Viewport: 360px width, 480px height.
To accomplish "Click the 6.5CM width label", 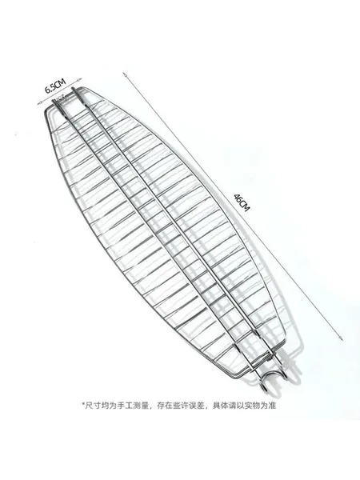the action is point(55,86).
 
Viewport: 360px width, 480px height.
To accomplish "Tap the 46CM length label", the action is point(242,202).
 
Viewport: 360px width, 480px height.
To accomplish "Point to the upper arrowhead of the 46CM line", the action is point(124,74).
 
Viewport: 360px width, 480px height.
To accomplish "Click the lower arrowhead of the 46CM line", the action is point(341,338).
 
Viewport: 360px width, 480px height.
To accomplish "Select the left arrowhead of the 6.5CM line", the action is point(39,104).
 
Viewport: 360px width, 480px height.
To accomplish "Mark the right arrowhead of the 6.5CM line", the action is point(81,78).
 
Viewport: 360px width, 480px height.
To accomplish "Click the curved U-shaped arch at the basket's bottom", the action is point(274,380).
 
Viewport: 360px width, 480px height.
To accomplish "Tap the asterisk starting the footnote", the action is point(83,406).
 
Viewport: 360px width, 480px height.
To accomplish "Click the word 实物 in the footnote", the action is point(252,406).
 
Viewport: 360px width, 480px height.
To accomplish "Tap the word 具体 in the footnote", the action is point(221,406).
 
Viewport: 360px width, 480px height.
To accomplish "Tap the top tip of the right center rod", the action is point(73,89).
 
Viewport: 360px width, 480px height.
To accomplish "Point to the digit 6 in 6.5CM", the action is point(47,90).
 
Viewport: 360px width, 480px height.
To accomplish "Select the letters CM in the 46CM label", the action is point(244,206).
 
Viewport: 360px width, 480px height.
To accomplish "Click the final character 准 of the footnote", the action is point(272,406).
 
